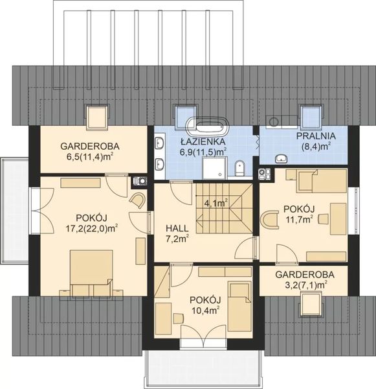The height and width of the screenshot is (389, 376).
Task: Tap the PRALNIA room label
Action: point(315,136)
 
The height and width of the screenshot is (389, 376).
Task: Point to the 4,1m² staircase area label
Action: point(216,203)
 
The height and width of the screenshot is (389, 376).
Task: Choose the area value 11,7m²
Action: point(299,219)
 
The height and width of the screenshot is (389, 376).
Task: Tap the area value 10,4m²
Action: point(205,311)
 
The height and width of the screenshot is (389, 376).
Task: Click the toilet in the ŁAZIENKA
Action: point(239,169)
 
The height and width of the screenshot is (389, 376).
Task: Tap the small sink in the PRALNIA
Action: point(282,158)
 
